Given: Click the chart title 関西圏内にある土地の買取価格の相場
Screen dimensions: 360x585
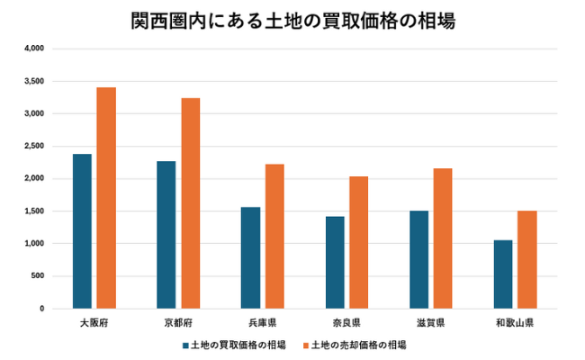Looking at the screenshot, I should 292,20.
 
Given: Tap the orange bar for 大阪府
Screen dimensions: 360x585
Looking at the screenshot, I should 106,198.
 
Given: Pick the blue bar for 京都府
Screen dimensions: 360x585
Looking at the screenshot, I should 166,235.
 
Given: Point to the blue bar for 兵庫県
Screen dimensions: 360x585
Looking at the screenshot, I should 250,257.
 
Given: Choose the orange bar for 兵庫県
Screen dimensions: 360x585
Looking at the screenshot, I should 274,236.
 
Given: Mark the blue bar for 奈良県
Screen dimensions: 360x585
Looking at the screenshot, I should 335,262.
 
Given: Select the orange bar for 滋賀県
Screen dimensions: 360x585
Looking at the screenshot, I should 443,238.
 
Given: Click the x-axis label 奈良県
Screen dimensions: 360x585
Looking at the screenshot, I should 346,321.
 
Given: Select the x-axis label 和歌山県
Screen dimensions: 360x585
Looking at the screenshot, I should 515,321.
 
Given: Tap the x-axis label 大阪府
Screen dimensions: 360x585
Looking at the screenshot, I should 94,321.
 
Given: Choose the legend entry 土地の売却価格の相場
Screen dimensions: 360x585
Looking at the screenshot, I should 358,345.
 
